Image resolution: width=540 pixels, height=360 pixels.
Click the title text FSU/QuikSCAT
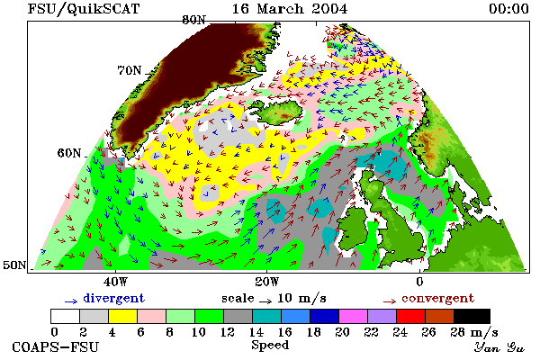[84, 9]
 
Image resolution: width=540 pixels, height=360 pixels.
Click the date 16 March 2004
[290, 9]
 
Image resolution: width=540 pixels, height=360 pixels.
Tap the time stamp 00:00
[508, 9]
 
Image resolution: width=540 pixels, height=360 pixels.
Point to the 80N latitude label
[193, 20]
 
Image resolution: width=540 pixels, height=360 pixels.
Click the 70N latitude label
[130, 70]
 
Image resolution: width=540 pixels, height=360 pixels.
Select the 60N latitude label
[69, 153]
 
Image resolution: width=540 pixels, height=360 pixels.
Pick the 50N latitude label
[14, 265]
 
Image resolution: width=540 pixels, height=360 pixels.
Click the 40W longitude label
[115, 282]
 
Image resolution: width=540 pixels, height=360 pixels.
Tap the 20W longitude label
[267, 282]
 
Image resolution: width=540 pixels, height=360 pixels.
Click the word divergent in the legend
[113, 298]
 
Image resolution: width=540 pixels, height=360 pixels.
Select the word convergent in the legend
[437, 298]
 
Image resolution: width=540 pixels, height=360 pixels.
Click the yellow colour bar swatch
[122, 316]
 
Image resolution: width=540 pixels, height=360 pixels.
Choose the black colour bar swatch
[472, 316]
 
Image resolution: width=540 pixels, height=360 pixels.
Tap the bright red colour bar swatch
[411, 316]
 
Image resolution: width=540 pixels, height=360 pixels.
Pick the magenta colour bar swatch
[354, 316]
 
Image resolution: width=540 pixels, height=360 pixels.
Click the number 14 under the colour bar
[256, 332]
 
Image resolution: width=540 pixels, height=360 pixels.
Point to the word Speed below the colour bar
[270, 345]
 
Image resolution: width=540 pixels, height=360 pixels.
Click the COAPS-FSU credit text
[56, 346]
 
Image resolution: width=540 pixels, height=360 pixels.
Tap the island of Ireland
[352, 229]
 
